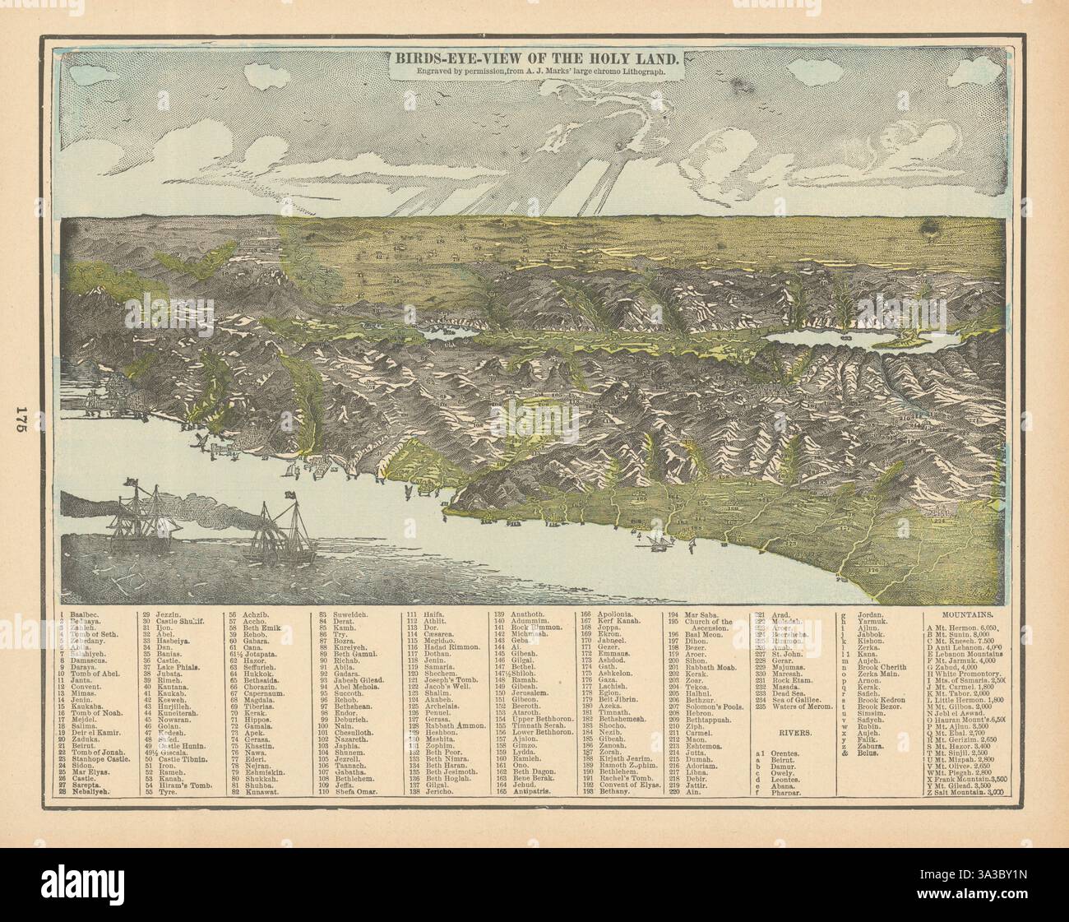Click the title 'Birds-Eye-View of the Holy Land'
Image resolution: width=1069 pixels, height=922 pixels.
pos(534,59)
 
